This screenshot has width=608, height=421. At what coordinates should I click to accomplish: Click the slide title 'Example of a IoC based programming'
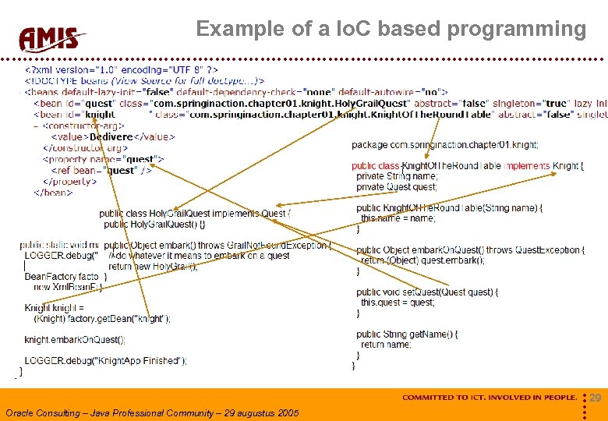(391, 29)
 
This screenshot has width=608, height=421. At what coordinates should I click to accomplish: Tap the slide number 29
(595, 398)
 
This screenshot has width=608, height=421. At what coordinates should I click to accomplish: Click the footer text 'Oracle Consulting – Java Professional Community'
(151, 412)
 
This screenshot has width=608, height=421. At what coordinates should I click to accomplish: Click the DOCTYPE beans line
(145, 80)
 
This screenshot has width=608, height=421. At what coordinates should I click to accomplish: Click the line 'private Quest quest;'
(396, 187)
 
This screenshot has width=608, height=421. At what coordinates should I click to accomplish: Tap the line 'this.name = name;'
(398, 218)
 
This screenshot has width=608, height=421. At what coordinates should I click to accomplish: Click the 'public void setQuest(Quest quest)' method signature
(425, 292)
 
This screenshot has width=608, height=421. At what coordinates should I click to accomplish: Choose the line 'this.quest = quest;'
(398, 302)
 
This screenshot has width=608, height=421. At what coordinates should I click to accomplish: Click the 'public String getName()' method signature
(407, 334)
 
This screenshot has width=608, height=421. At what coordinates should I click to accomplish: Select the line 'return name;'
(386, 345)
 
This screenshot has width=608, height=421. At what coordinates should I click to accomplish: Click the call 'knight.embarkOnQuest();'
(75, 340)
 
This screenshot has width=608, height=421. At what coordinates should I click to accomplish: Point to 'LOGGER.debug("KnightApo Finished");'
(105, 360)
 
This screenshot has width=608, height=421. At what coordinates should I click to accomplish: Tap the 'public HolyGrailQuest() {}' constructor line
(154, 225)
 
